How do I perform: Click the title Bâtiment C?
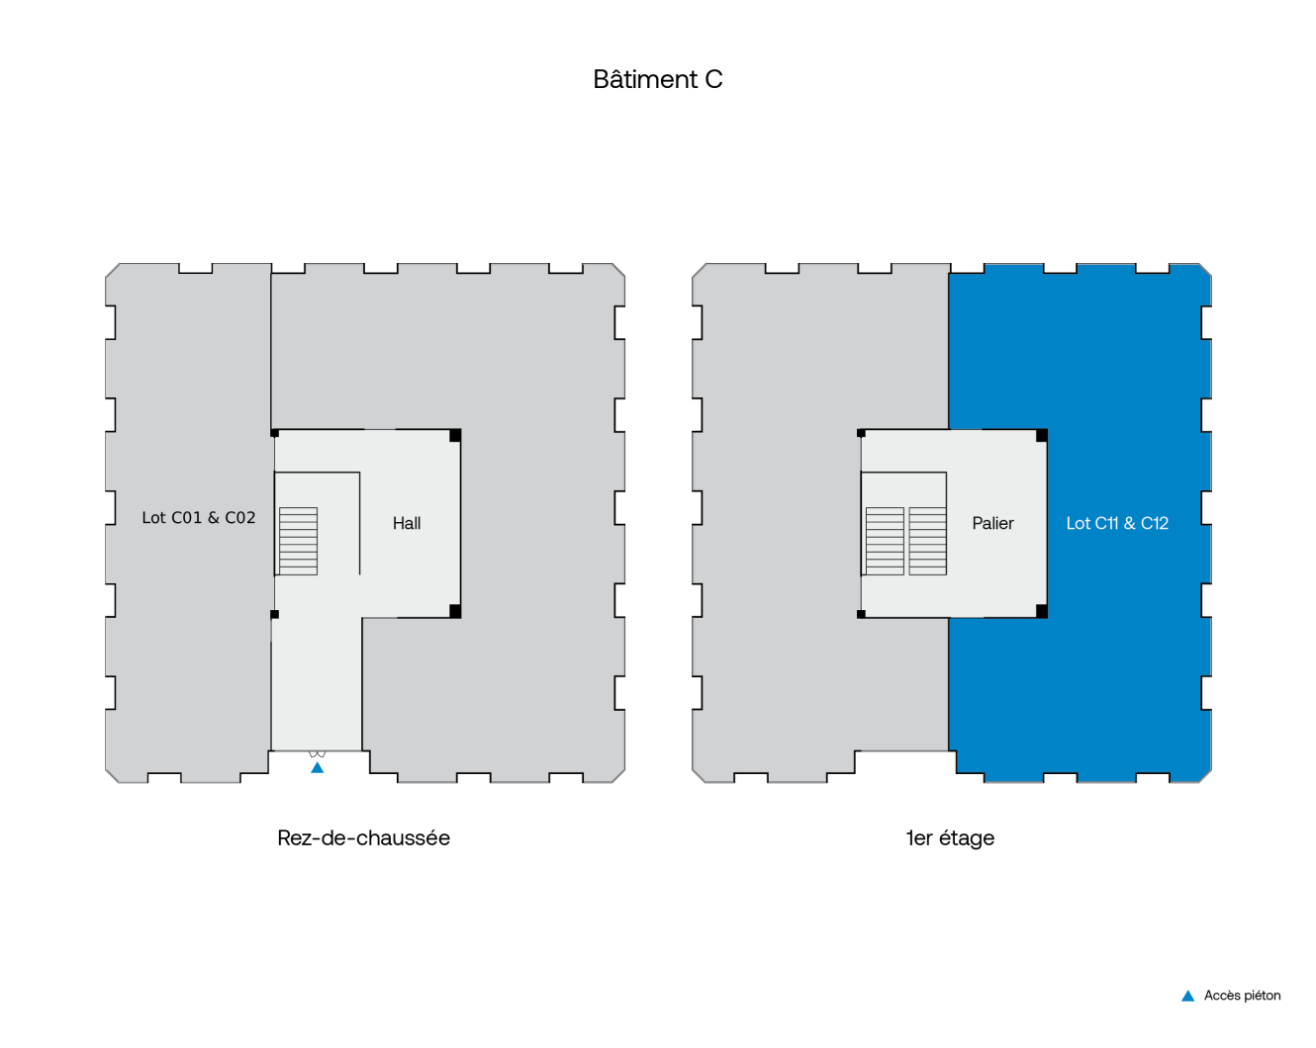click(x=658, y=79)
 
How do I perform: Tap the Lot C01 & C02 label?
click(x=198, y=517)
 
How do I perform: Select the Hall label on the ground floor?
click(x=407, y=523)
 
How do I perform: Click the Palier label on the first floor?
click(x=992, y=523)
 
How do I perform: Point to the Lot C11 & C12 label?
click(x=1117, y=523)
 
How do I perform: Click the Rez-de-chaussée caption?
click(x=363, y=837)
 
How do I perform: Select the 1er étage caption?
click(x=950, y=837)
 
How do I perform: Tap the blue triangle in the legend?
click(x=1187, y=996)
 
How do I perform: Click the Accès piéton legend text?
click(x=1242, y=996)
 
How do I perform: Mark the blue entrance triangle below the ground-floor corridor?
click(x=317, y=767)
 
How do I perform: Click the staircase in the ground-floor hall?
click(x=298, y=541)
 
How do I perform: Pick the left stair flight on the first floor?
click(x=885, y=541)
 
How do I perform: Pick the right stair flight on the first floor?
click(x=928, y=541)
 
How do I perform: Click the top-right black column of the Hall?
click(x=455, y=435)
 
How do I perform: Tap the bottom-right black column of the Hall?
click(x=455, y=611)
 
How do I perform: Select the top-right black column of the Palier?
click(x=1042, y=435)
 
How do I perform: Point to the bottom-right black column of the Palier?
click(x=1042, y=611)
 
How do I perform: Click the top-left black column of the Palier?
click(x=861, y=433)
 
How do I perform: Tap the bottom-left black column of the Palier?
click(x=861, y=614)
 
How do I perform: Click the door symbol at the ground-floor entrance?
click(x=317, y=754)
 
